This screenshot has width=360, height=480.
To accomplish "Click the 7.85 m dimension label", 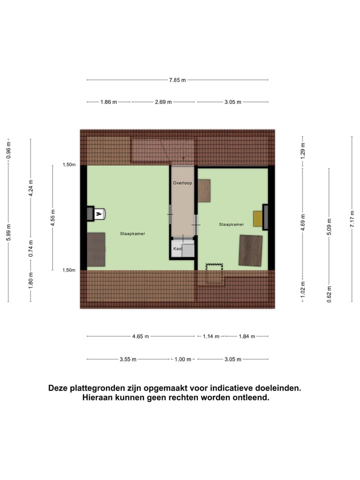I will click(x=177, y=80).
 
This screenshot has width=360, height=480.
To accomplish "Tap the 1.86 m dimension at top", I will click(x=108, y=102).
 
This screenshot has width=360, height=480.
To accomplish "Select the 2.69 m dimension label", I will click(x=163, y=102).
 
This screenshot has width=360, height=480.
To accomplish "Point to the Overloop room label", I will click(x=182, y=183).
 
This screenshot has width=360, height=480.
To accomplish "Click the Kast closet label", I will click(x=177, y=248).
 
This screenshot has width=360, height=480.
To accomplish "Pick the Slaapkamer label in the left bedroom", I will click(x=132, y=233).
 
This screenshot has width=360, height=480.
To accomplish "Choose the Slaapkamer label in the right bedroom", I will click(x=231, y=224).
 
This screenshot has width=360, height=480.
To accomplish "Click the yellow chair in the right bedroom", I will click(x=258, y=218).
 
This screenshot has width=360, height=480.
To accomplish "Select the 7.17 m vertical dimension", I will click(x=352, y=219).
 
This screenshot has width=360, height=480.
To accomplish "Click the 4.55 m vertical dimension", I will click(x=53, y=218).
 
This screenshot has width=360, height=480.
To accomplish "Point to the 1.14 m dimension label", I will click(x=210, y=336).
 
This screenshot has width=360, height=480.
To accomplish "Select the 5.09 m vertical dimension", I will click(x=329, y=226).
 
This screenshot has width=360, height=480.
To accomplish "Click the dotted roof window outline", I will click(x=214, y=274).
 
